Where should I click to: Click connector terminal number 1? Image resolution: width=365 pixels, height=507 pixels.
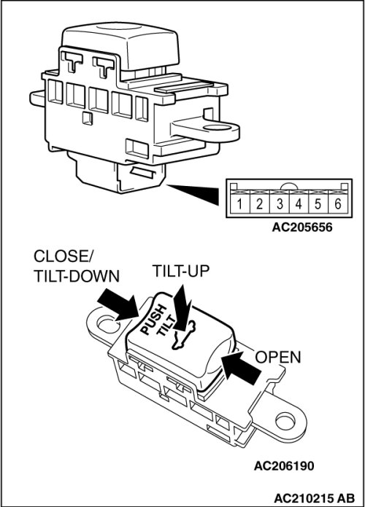pos(239,204)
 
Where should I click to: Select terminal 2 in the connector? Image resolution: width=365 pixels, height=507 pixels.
pos(259,204)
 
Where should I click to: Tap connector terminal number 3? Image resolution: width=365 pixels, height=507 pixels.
pos(280,204)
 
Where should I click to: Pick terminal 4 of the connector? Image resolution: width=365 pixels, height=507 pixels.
pos(299,204)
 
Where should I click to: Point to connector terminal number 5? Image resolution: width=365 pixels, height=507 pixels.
pos(318,204)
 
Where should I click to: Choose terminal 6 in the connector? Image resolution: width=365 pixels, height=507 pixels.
pos(338,204)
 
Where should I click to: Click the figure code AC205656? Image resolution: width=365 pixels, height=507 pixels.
pos(302,228)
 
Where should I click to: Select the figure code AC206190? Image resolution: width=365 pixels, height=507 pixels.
pos(284,466)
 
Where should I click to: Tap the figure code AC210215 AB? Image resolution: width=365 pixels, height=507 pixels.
pos(314,498)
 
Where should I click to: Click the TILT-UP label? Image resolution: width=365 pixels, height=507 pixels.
pos(181,271)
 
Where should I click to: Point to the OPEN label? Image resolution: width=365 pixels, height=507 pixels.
pos(278,357)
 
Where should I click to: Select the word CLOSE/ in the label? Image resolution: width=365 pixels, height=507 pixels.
pos(63,256)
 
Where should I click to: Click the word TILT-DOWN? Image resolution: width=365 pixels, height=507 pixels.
pos(77,276)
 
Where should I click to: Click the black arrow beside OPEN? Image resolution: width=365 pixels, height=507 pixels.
pos(240,368)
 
